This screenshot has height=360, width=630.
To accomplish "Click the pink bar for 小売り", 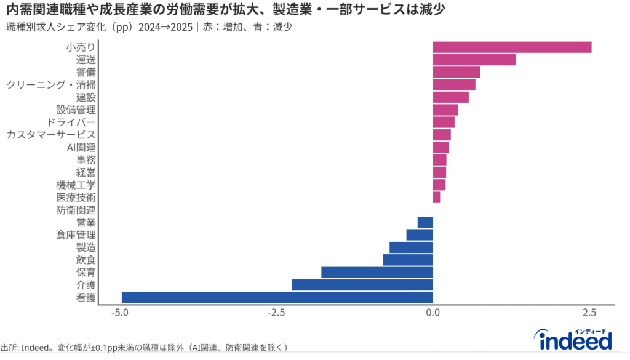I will (x=512, y=47).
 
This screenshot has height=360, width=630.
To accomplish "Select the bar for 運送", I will (x=474, y=60).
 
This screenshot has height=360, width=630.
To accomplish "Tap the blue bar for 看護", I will (x=277, y=297).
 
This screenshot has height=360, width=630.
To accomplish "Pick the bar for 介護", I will (x=362, y=285).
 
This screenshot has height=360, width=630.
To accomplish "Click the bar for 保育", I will (x=377, y=272).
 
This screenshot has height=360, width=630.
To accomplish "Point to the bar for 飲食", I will (x=408, y=260).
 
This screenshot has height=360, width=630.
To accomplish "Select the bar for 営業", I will (x=425, y=222).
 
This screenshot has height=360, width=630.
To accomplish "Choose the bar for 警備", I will (x=457, y=72).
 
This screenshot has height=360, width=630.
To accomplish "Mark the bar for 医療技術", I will (x=436, y=197).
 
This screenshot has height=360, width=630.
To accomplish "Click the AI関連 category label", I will (x=81, y=147).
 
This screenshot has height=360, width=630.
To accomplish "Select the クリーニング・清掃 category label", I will (x=51, y=84).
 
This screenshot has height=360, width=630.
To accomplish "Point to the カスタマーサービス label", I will (x=51, y=135).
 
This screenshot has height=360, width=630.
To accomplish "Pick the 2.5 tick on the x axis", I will (x=589, y=313).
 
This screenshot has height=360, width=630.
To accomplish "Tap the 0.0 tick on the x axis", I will (x=433, y=313).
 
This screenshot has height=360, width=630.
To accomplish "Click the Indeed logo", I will (x=575, y=338).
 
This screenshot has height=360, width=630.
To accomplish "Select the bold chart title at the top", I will (x=226, y=10).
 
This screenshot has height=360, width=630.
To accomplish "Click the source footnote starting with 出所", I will (x=145, y=348).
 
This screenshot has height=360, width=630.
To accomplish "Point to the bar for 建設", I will (x=451, y=97).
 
